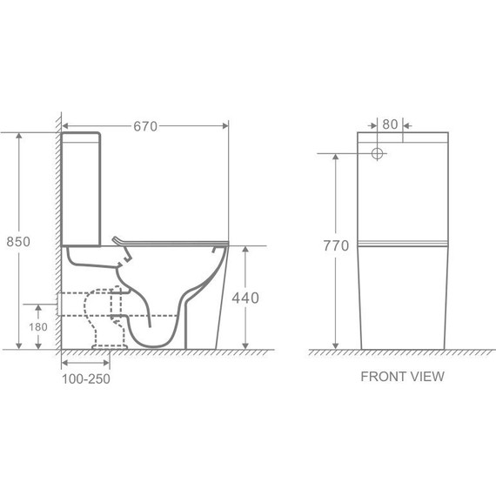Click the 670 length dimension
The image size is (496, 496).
pos(145,126)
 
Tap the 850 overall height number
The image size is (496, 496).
pos(18,242)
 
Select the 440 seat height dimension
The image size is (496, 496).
pos(245,298)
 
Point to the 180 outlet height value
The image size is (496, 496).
pos(38,327)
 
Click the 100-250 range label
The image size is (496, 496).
pos(86,379)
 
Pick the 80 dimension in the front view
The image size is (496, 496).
pos(390,124)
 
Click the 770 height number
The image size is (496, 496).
pos(336,245)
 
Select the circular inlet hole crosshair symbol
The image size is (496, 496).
pos(377,154)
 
